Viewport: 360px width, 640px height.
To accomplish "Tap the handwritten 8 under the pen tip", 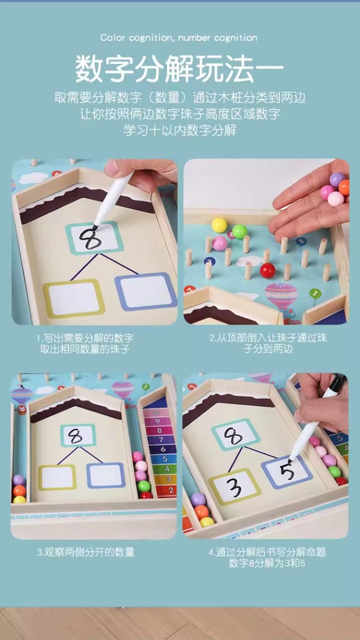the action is (x=90, y=238).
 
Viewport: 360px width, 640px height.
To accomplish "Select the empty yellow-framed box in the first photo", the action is (x=74, y=299).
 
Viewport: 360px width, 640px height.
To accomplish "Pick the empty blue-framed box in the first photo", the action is (x=146, y=291).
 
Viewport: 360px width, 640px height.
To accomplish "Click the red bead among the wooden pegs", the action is (x=267, y=270).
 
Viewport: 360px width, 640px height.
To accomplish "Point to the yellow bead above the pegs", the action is (x=219, y=225).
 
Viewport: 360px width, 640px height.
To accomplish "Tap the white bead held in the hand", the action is (x=335, y=199).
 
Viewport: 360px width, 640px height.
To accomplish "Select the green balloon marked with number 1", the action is (x=315, y=294).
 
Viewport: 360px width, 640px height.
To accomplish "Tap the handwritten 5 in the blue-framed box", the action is (x=287, y=471).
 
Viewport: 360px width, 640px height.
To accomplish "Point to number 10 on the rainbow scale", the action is (x=157, y=413).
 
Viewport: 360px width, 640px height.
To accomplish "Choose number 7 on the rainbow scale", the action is (x=161, y=439).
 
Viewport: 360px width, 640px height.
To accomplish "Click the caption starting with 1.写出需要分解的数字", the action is (x=85, y=343).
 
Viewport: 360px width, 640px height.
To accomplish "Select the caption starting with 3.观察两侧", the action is (x=86, y=552).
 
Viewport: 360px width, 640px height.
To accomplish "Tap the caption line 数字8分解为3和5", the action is (x=267, y=563).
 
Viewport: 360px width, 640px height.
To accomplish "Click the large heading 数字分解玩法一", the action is (x=180, y=69).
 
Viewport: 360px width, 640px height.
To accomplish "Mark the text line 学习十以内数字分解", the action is (x=180, y=130).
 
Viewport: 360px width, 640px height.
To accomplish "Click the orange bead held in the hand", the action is (x=345, y=187).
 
